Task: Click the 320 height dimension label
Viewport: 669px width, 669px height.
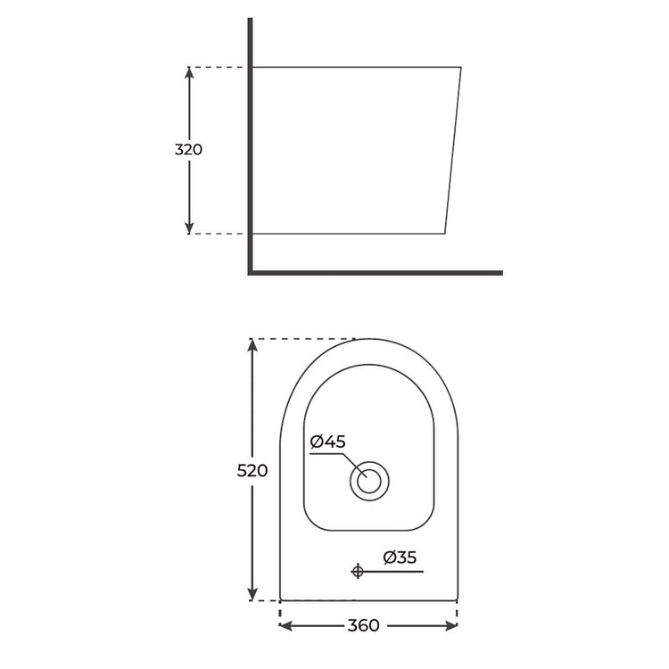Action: coord(188,150)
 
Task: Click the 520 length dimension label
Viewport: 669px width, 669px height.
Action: coord(252,470)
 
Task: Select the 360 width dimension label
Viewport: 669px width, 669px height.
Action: coord(368,625)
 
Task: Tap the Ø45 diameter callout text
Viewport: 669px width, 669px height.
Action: coord(327,442)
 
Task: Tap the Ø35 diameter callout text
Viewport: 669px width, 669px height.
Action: coord(400,557)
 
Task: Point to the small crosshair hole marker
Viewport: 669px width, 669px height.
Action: coord(358,572)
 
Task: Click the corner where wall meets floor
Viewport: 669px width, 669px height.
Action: coord(251,272)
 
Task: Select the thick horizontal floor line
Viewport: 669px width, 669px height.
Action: coord(375,272)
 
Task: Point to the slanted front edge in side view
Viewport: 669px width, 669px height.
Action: coord(453,150)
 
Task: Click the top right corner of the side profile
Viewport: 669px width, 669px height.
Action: coord(461,67)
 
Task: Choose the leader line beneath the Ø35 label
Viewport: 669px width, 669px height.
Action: coord(392,572)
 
